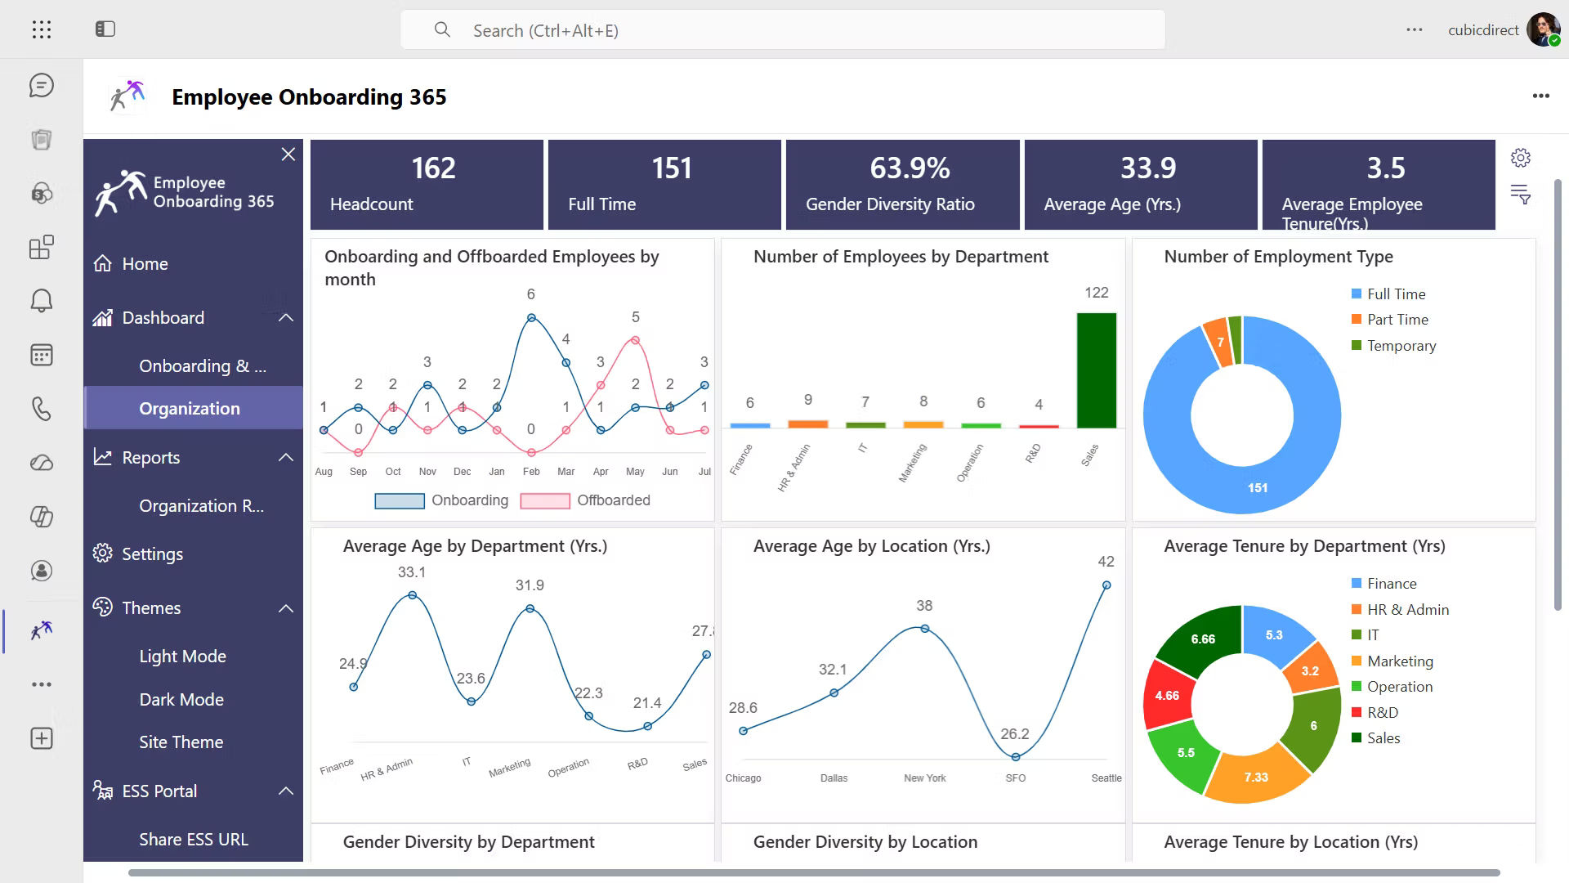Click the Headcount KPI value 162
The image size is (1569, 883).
pos(433,168)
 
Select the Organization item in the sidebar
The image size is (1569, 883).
pos(190,408)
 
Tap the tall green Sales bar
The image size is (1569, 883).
pos(1096,370)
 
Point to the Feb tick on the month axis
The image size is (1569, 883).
pos(531,472)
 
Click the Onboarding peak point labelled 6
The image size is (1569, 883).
pos(531,318)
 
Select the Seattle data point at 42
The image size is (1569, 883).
pos(1106,585)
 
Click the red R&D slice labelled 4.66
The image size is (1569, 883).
pos(1168,695)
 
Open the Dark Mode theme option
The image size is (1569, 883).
pos(181,699)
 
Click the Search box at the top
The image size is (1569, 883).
pos(782,30)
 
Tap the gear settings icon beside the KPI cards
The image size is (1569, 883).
pos(1520,158)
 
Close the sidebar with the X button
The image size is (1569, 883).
pos(288,155)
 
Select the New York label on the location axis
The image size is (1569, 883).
pos(924,778)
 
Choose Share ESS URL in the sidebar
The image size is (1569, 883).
pos(194,839)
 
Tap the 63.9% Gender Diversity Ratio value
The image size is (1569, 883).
pos(910,168)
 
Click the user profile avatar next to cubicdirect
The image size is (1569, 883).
pos(1543,30)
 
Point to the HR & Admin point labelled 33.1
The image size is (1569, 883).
pos(413,595)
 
